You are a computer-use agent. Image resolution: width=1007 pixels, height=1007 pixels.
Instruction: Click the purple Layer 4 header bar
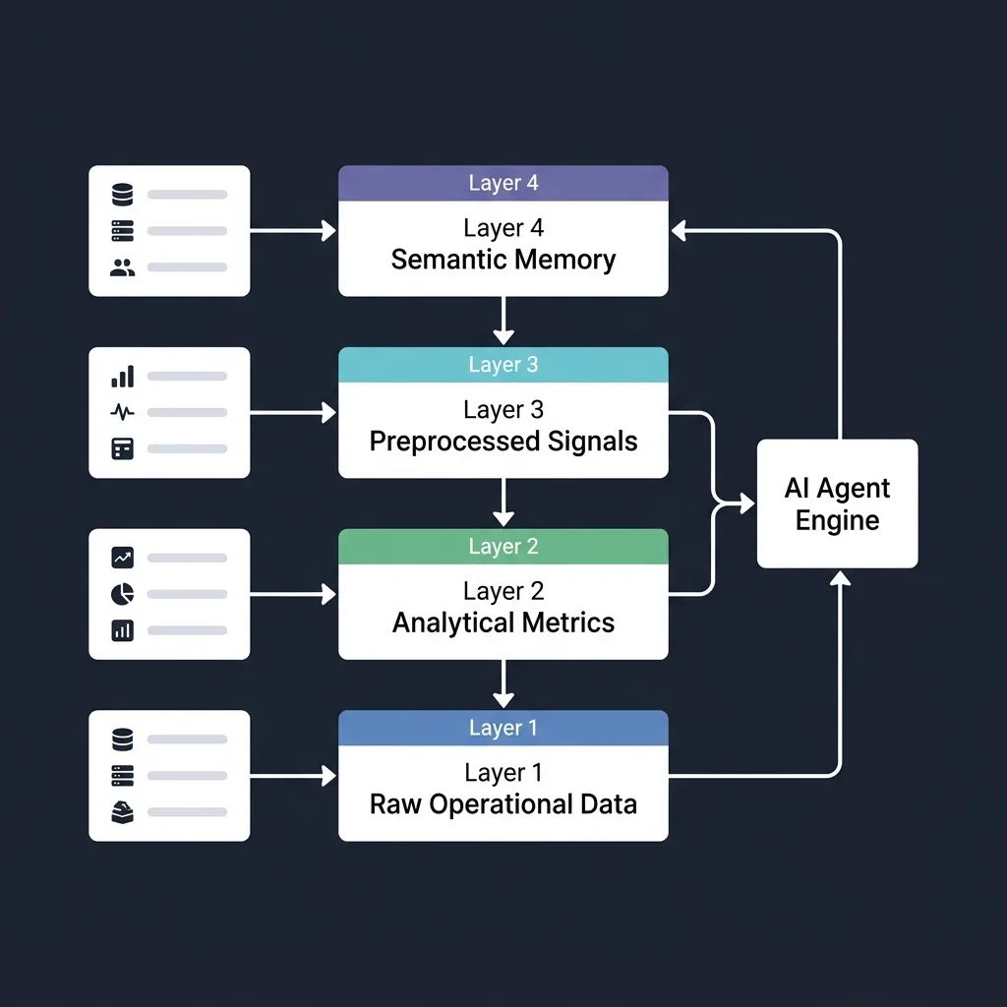tap(503, 183)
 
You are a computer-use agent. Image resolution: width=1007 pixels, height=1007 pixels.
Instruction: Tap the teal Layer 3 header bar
tap(503, 365)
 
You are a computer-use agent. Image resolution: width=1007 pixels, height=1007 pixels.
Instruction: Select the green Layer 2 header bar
tap(503, 547)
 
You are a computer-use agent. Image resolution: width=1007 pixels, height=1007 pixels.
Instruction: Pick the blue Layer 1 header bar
tap(503, 728)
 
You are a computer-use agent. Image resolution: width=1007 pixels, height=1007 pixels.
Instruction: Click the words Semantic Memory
tap(503, 260)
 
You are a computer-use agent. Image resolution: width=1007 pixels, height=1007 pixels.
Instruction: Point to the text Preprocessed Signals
tap(503, 442)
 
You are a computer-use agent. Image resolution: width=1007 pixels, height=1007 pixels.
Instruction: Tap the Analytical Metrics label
tap(503, 622)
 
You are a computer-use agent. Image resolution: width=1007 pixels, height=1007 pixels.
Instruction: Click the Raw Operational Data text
tap(503, 804)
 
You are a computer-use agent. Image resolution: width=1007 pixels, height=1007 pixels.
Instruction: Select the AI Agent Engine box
tap(838, 503)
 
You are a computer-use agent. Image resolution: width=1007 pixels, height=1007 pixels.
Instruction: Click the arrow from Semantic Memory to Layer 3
tap(503, 321)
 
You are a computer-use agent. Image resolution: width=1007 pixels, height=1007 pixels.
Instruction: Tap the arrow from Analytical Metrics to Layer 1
tap(503, 684)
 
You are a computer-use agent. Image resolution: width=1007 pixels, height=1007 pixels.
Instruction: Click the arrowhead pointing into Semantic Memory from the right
tap(679, 230)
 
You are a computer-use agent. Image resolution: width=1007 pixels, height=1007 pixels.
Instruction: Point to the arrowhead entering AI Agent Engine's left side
tap(747, 503)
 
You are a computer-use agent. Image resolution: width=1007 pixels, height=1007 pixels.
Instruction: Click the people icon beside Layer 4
tap(122, 267)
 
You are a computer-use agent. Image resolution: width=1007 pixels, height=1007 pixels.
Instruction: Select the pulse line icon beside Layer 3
tap(122, 412)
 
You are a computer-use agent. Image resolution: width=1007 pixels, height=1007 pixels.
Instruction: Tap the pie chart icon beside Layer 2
tap(122, 594)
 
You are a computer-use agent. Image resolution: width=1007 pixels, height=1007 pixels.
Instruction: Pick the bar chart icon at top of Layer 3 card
tap(123, 377)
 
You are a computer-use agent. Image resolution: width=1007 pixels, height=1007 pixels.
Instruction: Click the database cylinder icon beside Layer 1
tap(122, 740)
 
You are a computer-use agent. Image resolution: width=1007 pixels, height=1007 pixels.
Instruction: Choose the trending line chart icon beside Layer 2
tap(122, 558)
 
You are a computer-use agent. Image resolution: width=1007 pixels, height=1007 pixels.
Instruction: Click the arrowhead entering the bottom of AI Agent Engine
tap(840, 578)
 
